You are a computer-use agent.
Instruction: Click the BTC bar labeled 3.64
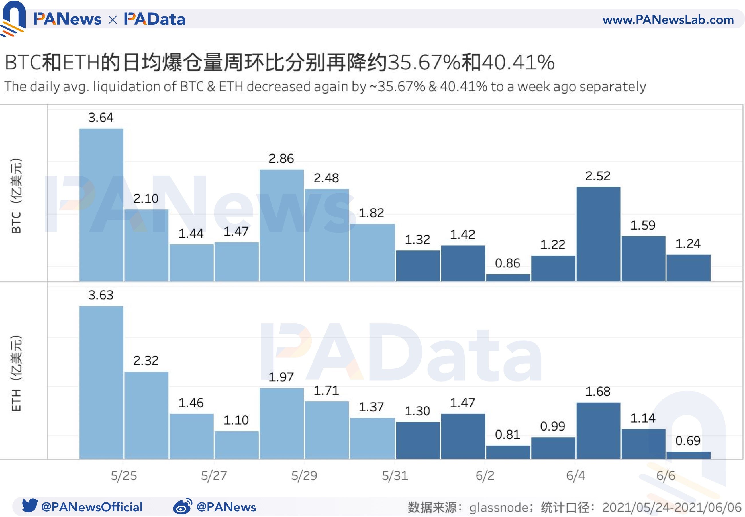(x=101, y=205)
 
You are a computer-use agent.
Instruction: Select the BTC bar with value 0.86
(x=508, y=278)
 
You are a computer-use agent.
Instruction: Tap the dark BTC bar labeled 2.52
(x=598, y=234)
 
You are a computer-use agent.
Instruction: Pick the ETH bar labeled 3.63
(x=101, y=382)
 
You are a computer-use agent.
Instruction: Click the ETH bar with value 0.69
(x=688, y=455)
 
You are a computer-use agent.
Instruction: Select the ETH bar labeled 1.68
(x=598, y=431)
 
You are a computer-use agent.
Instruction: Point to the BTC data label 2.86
(x=281, y=158)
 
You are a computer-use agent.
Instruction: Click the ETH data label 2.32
(x=146, y=361)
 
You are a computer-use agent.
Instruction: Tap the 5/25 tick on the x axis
(x=123, y=475)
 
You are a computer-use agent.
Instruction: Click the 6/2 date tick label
(x=485, y=475)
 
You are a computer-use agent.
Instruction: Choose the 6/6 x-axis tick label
(x=666, y=475)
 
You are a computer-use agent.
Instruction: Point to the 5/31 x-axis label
(x=395, y=475)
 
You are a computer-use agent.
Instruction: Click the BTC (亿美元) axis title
(x=16, y=196)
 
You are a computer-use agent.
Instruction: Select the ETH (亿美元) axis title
(x=16, y=373)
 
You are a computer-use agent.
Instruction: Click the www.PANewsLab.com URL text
(x=668, y=20)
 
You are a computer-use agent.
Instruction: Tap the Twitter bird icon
(x=30, y=505)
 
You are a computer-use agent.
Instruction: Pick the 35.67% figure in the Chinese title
(x=424, y=62)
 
